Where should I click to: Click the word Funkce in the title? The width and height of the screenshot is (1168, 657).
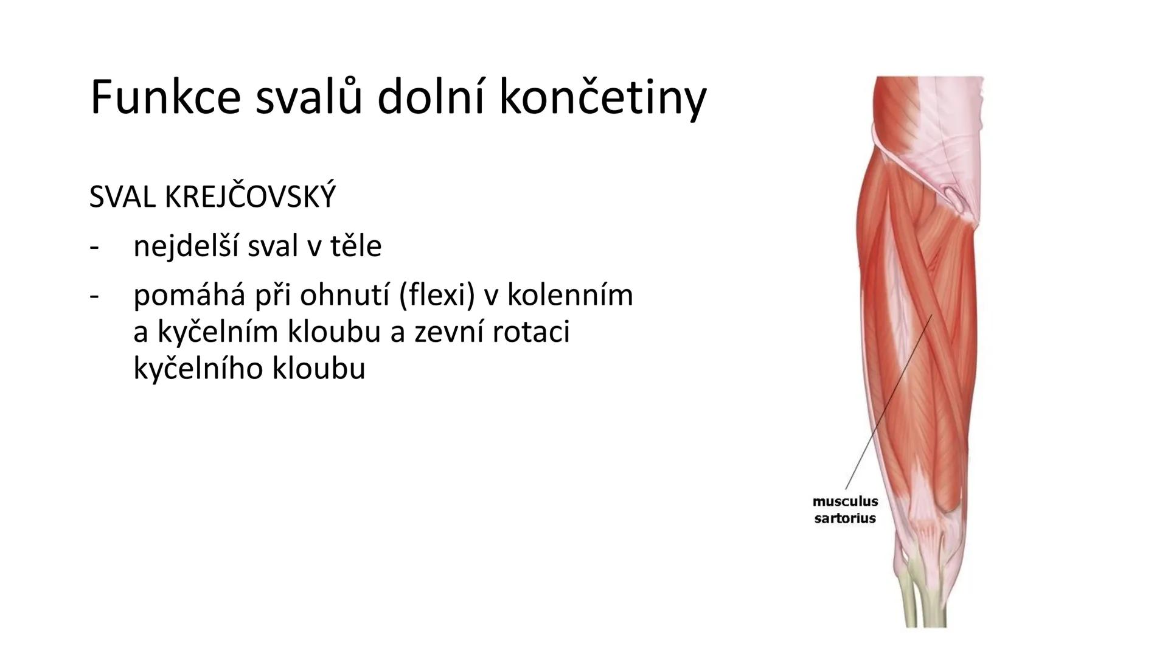165,97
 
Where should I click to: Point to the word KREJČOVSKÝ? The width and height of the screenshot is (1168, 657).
249,197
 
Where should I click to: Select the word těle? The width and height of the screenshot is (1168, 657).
356,246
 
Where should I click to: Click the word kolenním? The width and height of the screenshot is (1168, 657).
570,296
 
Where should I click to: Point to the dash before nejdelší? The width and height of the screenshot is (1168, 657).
94,247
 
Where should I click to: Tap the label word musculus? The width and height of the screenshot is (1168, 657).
845,501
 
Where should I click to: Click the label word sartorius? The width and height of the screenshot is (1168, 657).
845,518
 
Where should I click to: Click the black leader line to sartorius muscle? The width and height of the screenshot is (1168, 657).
888,401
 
